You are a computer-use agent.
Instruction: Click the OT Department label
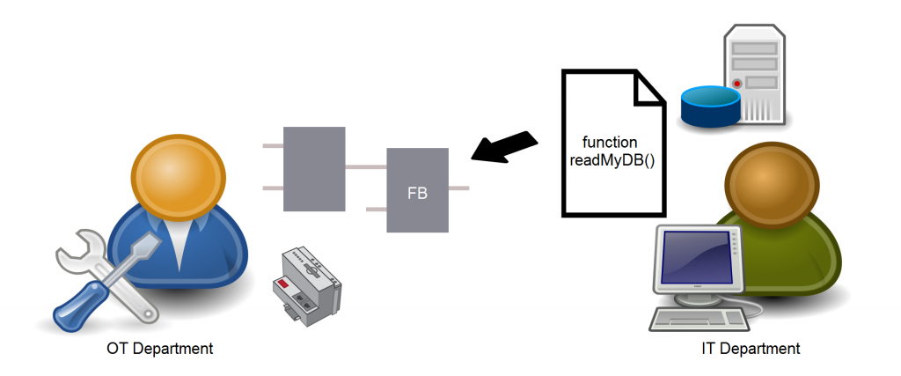[159, 349]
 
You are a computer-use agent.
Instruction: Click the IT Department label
[751, 349]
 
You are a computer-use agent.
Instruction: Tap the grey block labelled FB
[418, 190]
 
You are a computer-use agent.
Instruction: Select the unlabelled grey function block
[314, 169]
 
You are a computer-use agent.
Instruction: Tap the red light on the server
[737, 84]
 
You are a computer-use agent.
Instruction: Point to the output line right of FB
[458, 188]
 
